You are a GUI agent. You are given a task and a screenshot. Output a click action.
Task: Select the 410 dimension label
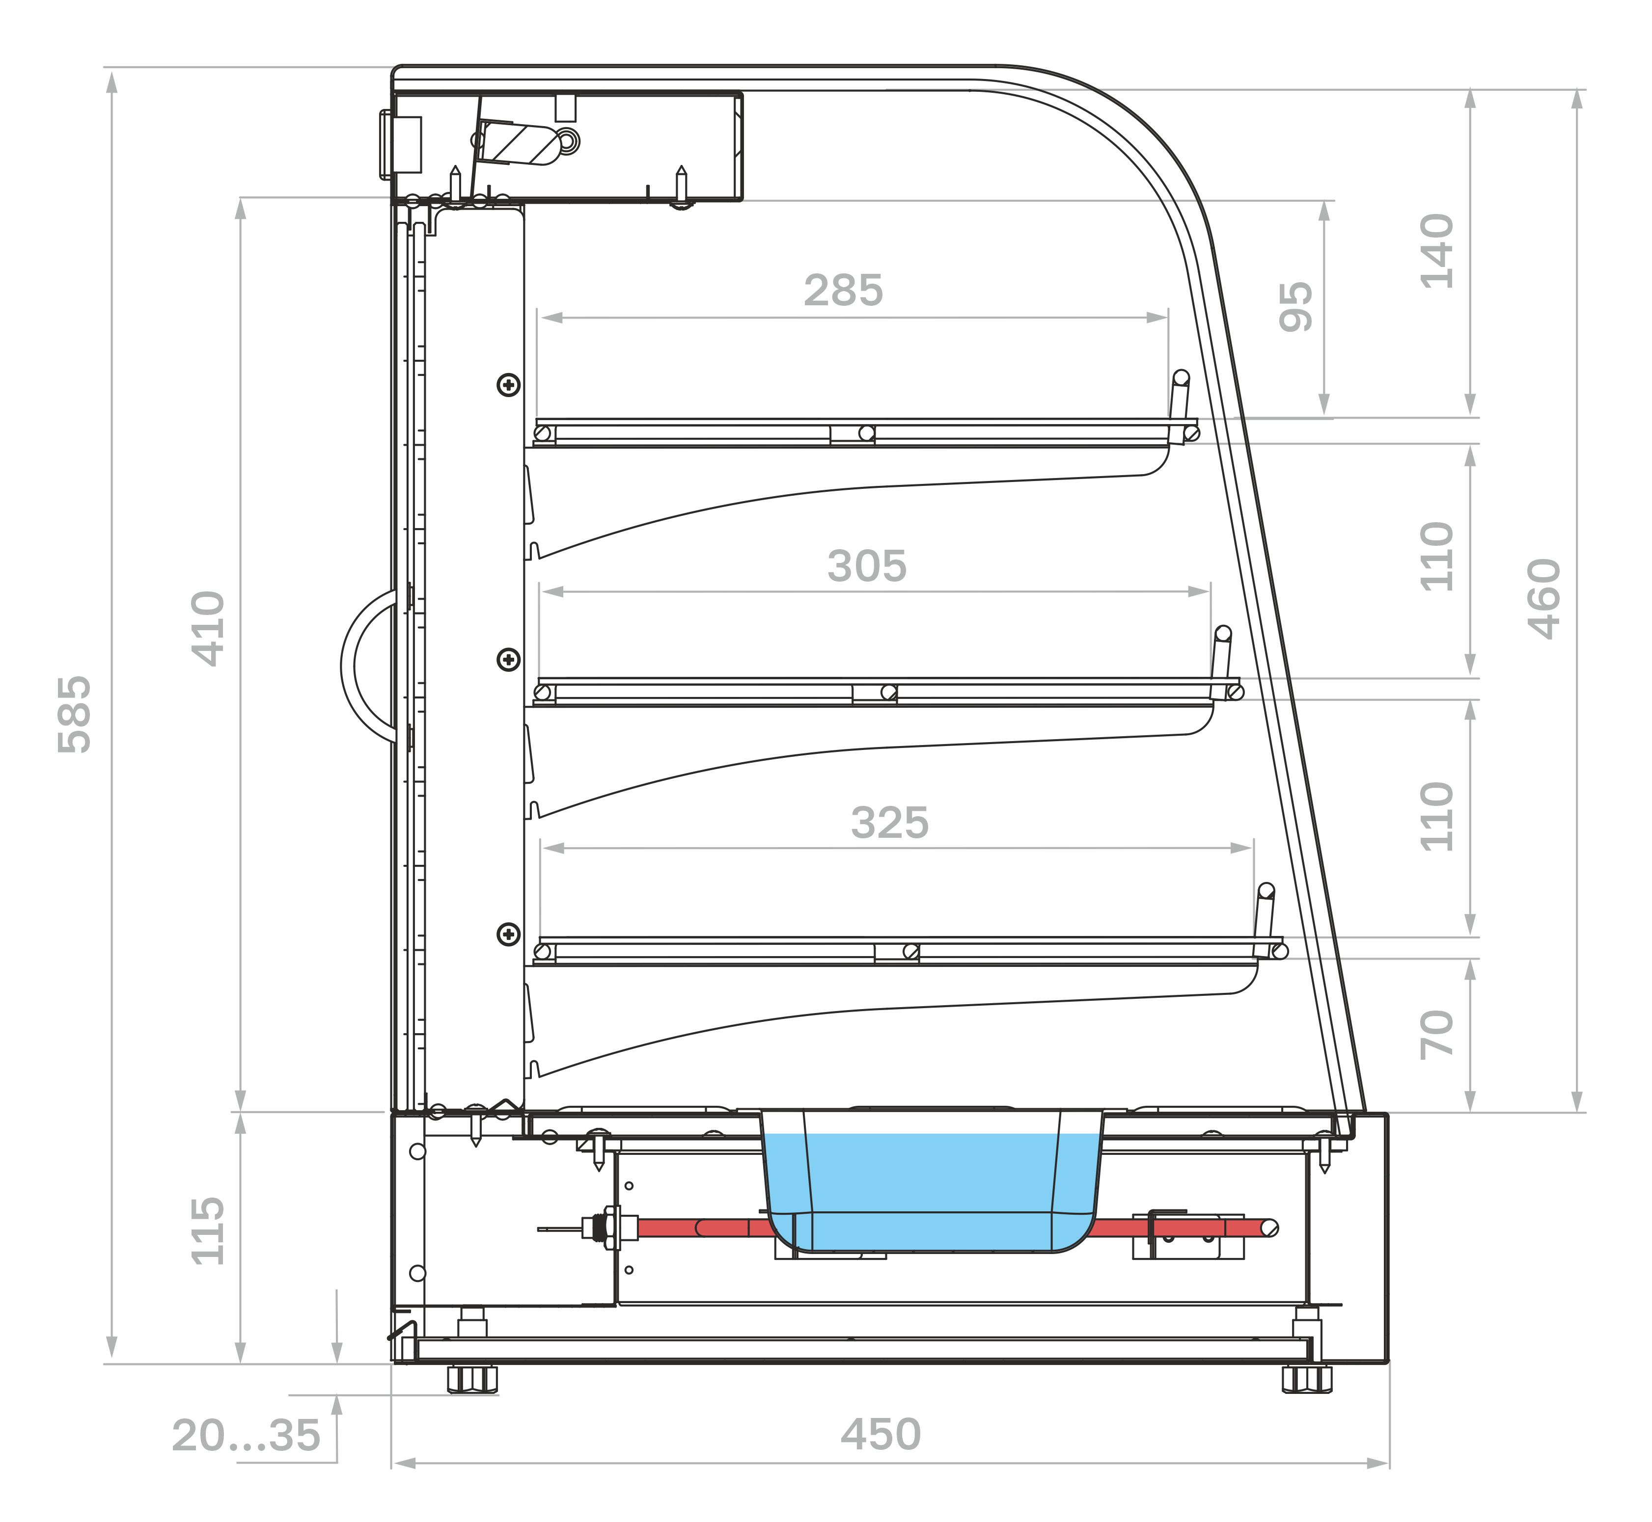coord(208,628)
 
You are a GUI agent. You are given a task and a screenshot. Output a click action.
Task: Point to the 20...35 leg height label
coord(246,1436)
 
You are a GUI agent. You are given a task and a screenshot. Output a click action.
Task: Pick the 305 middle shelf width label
coord(867,566)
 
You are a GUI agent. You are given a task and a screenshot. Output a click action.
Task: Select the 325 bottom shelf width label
coord(890,823)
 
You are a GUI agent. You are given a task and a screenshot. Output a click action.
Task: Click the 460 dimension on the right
coord(1544,599)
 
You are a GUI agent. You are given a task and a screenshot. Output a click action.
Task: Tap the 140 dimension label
coord(1437,251)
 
